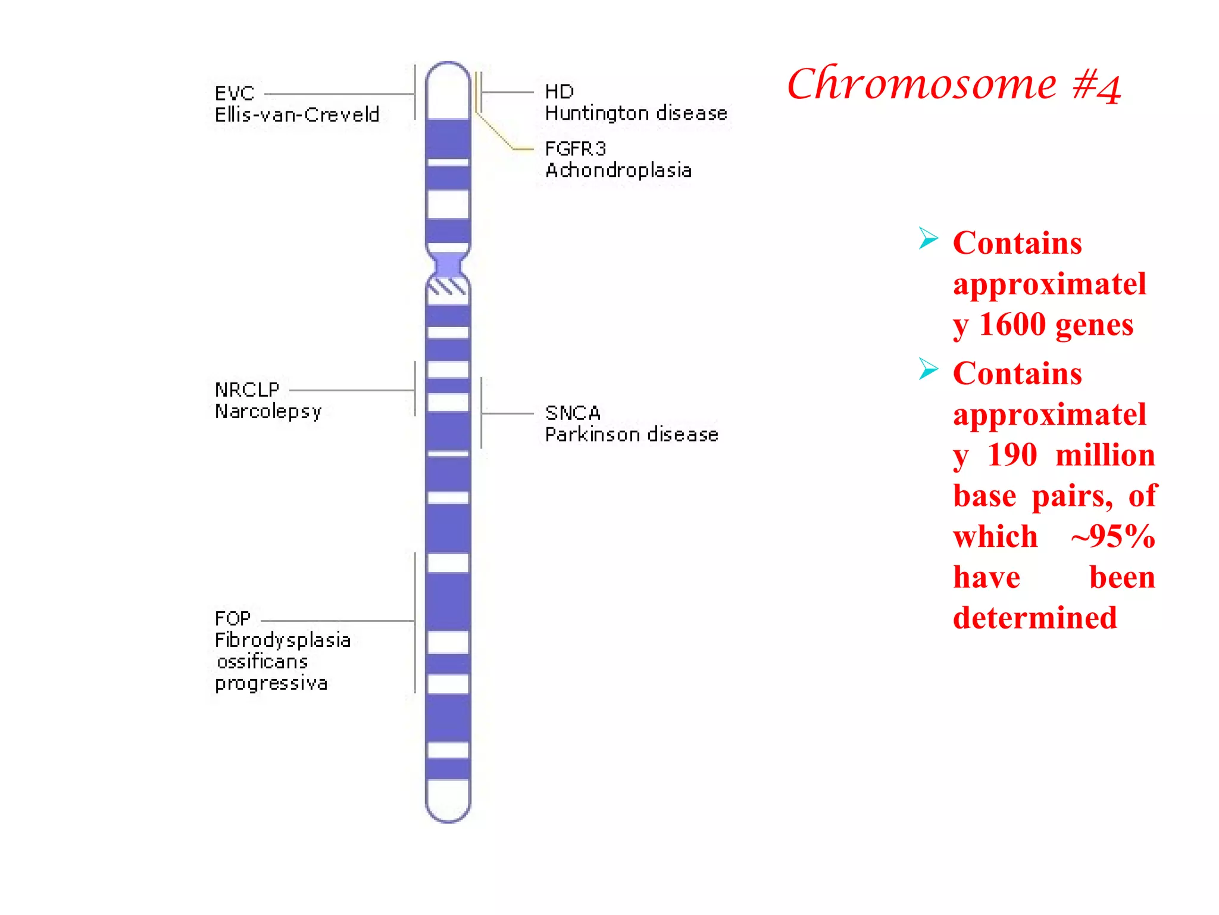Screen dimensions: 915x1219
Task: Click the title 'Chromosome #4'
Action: pos(954,85)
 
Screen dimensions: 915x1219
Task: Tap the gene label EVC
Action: pos(235,94)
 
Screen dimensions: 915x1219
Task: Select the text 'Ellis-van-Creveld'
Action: pos(297,114)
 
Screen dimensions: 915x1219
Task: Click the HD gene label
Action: pos(560,92)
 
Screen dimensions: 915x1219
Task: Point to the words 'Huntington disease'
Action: pos(636,113)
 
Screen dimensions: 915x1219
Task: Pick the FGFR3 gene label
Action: pos(575,148)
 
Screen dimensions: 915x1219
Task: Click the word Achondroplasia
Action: pos(618,170)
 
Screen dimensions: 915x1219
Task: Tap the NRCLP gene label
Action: pos(247,390)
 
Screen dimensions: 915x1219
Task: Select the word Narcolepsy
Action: pos(268,412)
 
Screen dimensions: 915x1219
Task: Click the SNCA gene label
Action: pos(573,413)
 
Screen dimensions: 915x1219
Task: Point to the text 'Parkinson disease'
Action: pos(632,434)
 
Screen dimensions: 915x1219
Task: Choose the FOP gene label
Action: pos(233,618)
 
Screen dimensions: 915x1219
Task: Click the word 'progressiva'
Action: pos(271,683)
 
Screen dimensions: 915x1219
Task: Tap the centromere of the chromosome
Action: pos(448,264)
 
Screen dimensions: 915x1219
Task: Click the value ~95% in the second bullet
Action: pos(1113,537)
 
